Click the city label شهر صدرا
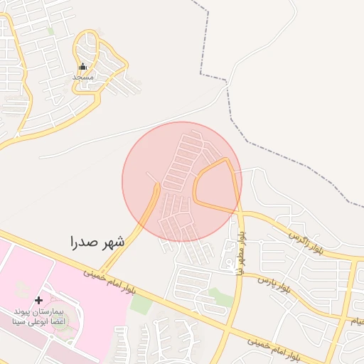tap(97, 242)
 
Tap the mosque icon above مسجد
tap(82, 66)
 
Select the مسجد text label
tap(83, 76)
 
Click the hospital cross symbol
tap(39, 300)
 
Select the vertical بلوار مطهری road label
tap(242, 250)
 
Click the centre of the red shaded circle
tap(182, 181)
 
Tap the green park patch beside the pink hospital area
tap(141, 304)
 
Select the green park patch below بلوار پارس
tap(221, 298)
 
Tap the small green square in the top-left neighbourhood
tap(50, 31)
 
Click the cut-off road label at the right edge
tap(355, 321)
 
